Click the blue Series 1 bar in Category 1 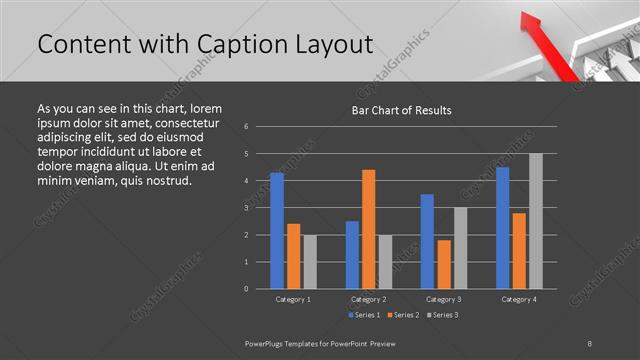pyautogui.click(x=277, y=231)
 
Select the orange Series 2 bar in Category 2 pyautogui.click(x=368, y=229)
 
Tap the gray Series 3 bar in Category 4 pyautogui.click(x=535, y=221)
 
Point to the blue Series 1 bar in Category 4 pyautogui.click(x=502, y=228)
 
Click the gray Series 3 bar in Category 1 pyautogui.click(x=310, y=262)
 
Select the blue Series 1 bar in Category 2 pyautogui.click(x=352, y=255)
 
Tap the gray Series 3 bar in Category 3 pyautogui.click(x=460, y=248)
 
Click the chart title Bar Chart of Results pyautogui.click(x=401, y=110)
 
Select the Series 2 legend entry pyautogui.click(x=402, y=316)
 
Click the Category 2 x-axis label pyautogui.click(x=368, y=299)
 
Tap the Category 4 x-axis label pyautogui.click(x=518, y=299)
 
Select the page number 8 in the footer pyautogui.click(x=590, y=342)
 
